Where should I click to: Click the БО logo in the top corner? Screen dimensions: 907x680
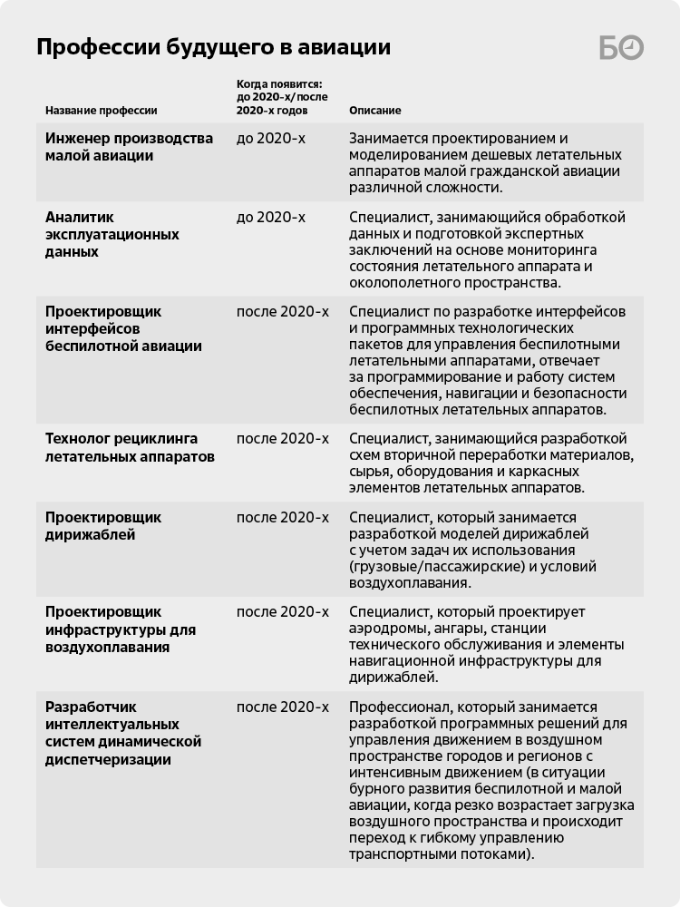coord(621,48)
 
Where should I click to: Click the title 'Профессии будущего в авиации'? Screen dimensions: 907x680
coord(213,47)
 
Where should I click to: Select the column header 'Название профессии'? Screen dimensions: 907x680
coord(102,111)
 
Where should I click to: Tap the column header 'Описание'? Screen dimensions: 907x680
coord(374,111)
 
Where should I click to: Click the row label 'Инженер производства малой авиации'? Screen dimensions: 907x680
coord(129,147)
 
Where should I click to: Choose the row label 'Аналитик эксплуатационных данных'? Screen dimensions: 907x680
coord(112,234)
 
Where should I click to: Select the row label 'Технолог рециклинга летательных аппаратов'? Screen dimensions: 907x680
coord(130,447)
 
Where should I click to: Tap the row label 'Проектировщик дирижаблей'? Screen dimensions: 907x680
coord(103,526)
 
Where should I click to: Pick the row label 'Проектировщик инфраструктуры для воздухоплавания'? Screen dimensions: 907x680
coord(121,629)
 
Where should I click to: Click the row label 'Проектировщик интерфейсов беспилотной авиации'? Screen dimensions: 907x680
coord(123,328)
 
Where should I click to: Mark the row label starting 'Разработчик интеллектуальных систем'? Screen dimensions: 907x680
coord(122,733)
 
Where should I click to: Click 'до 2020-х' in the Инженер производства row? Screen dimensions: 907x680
coord(270,139)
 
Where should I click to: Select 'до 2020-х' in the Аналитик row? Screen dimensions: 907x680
coord(270,218)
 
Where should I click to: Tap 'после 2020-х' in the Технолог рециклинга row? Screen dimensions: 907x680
coord(282,439)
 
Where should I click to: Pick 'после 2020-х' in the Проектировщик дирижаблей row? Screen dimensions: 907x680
coord(282,518)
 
